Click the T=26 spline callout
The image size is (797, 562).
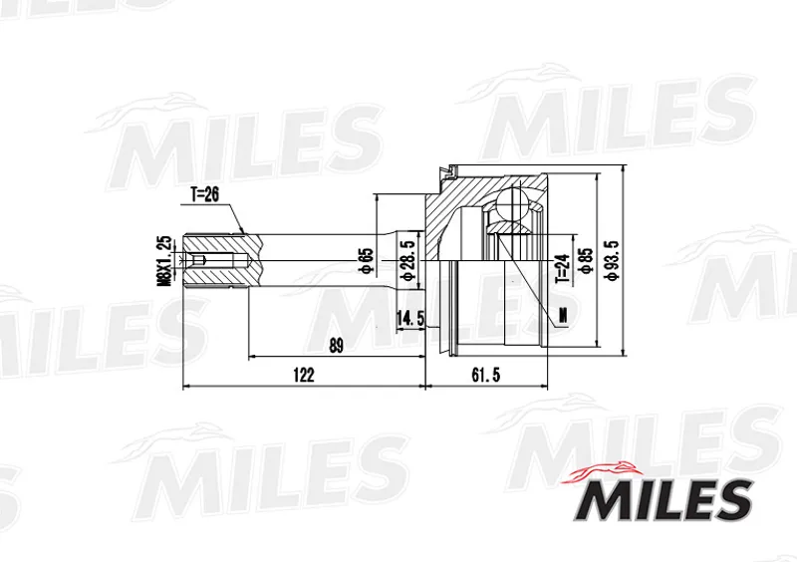pyautogui.click(x=205, y=193)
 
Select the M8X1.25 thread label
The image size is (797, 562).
pyautogui.click(x=164, y=260)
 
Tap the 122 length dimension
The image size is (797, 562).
pyautogui.click(x=304, y=375)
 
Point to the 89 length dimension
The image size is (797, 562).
pyautogui.click(x=336, y=346)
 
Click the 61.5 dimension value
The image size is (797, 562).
pyautogui.click(x=486, y=375)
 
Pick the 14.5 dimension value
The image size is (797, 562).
pyautogui.click(x=410, y=319)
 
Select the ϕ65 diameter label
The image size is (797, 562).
pyautogui.click(x=367, y=260)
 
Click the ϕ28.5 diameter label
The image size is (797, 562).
pyautogui.click(x=408, y=260)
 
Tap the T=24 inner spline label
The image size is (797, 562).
pyautogui.click(x=561, y=268)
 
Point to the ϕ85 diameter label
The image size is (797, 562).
pyautogui.click(x=586, y=261)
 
